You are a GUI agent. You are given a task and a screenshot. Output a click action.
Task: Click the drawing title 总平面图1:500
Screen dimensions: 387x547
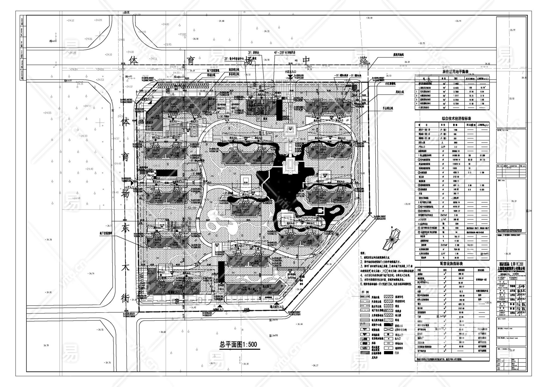(238, 344)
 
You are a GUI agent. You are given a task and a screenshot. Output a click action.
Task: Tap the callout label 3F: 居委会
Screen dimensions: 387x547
(253, 52)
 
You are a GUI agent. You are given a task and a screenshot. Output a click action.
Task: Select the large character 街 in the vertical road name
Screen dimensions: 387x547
(126, 298)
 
